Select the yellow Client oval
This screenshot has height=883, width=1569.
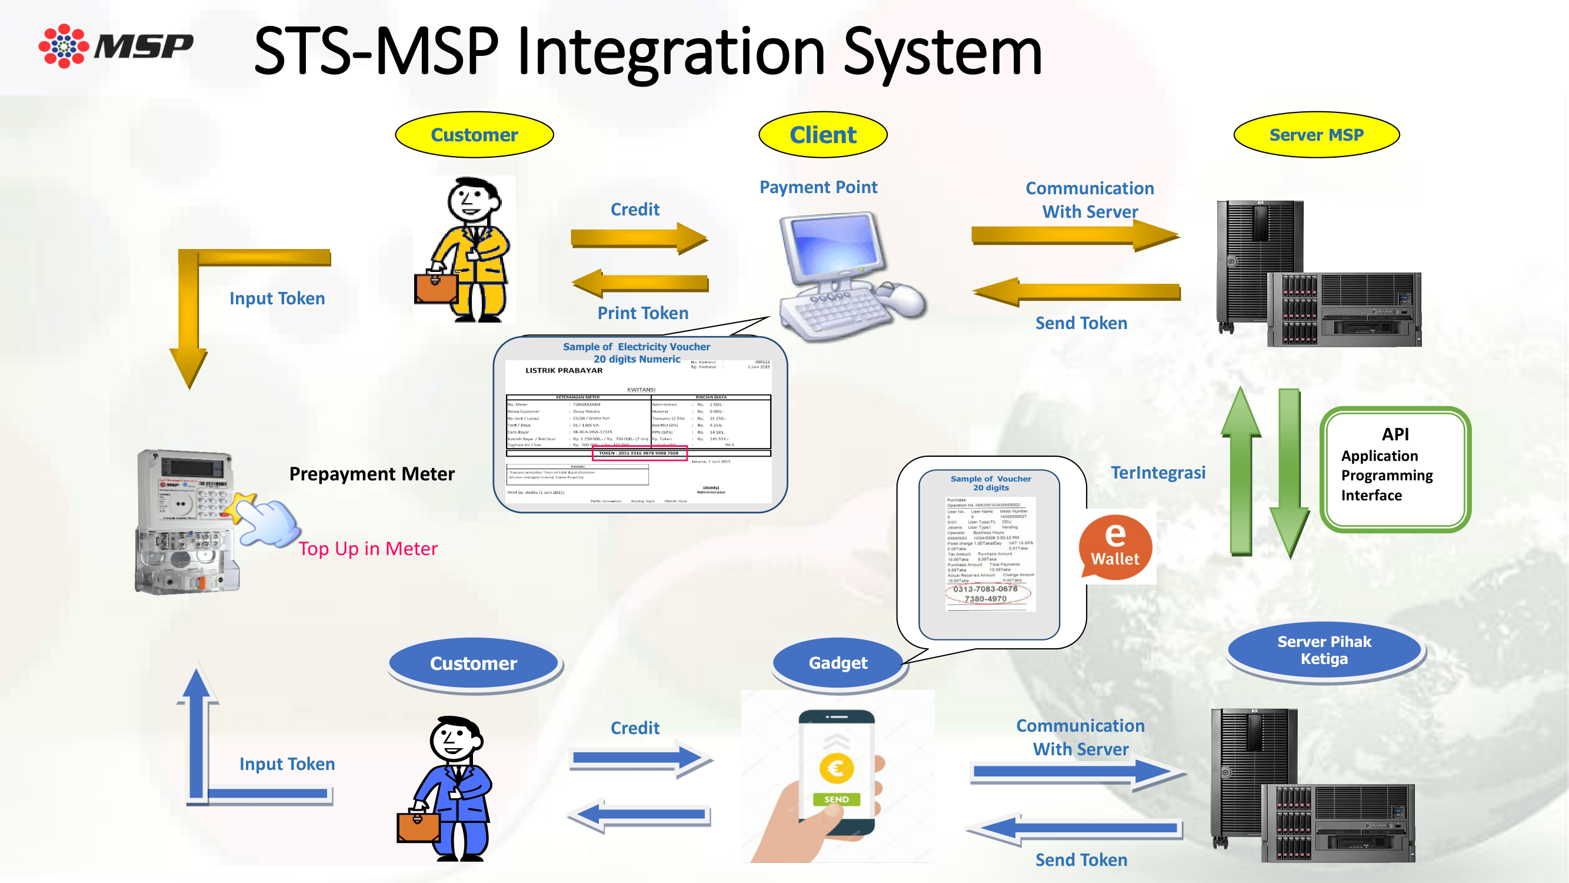pyautogui.click(x=823, y=135)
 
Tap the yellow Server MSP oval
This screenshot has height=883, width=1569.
pyautogui.click(x=1316, y=135)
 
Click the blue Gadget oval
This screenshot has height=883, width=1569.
pyautogui.click(x=838, y=663)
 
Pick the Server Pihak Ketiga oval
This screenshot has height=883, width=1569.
pyautogui.click(x=1324, y=650)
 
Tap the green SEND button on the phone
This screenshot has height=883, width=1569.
pyautogui.click(x=837, y=799)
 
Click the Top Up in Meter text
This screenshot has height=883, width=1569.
pyautogui.click(x=368, y=549)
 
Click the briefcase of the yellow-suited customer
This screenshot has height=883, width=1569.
pyautogui.click(x=435, y=287)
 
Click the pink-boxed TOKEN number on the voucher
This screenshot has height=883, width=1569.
pyautogui.click(x=639, y=453)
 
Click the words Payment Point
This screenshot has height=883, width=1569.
pyautogui.click(x=818, y=187)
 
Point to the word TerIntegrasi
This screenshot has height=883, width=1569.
pyautogui.click(x=1158, y=473)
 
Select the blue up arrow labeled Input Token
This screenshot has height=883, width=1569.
pyautogui.click(x=196, y=731)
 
